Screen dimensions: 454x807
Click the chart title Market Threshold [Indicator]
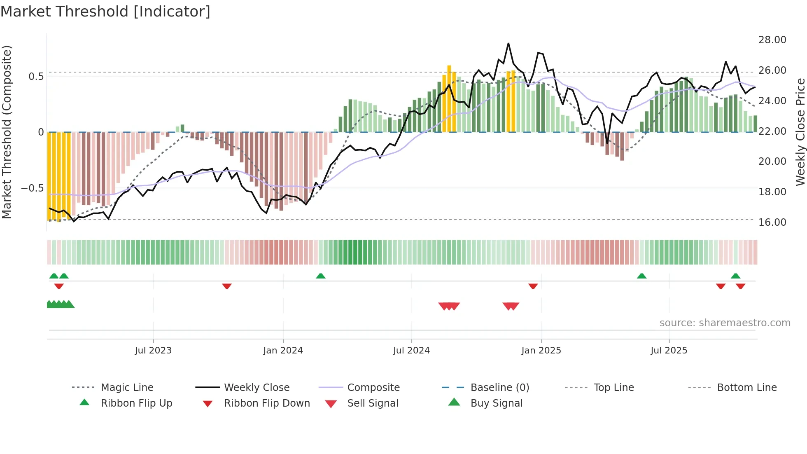[x=105, y=12]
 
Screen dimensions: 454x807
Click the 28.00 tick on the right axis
[x=772, y=40]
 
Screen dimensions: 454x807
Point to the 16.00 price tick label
[x=772, y=222]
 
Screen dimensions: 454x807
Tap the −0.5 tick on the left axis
[x=32, y=188]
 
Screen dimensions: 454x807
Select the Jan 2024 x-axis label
[x=283, y=351]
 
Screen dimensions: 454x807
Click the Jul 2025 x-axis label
[x=669, y=351]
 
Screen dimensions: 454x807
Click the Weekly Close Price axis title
[x=800, y=132]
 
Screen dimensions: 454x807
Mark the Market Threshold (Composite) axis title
[x=7, y=132]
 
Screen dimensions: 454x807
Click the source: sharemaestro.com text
[x=725, y=323]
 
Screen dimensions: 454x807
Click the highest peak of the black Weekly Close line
[x=508, y=44]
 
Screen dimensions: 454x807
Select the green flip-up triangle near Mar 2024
[x=321, y=276]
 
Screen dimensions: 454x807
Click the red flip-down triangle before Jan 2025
[x=533, y=286]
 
